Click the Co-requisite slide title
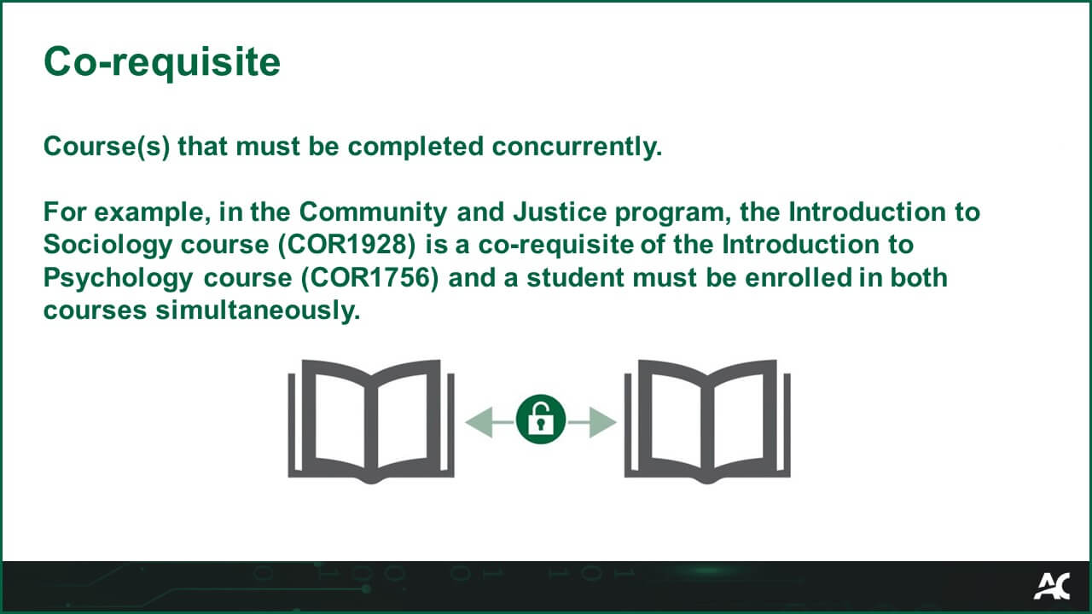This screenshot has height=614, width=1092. click(x=162, y=62)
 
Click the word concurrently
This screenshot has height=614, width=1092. click(x=577, y=147)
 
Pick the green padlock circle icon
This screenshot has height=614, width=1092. click(x=541, y=419)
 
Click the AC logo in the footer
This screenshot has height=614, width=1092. click(x=1051, y=587)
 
